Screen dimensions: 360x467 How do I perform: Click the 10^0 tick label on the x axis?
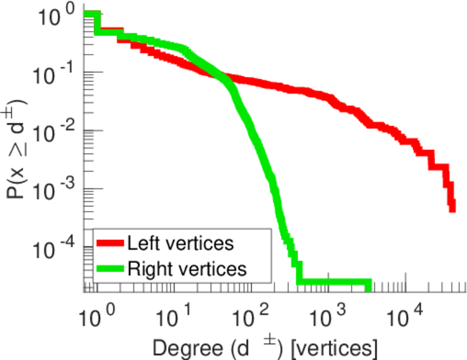click(94, 313)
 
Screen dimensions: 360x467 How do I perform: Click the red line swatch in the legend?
click(110, 244)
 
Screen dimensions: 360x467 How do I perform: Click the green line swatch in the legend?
click(110, 269)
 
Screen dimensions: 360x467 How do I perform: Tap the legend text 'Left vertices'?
click(180, 244)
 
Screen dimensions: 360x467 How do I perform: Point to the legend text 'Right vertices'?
click(187, 269)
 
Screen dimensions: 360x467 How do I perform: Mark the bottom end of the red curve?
click(451, 209)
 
